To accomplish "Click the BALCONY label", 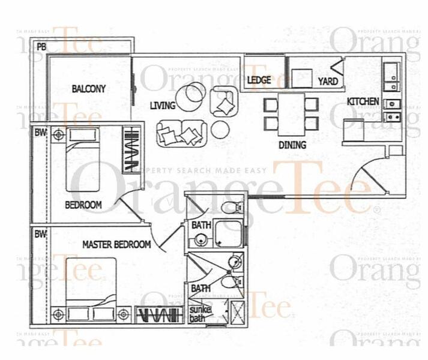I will coord(88,89).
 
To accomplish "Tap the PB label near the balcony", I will coord(41,47).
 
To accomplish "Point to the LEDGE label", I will coord(259,80).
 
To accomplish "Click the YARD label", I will coord(328,81).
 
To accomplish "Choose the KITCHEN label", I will coord(363,101).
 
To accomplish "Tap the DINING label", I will coord(292,145).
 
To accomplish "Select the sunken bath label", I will coord(197,313).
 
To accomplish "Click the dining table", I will coord(291,113).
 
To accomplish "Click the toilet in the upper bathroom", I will coord(231,208).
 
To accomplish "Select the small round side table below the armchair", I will coord(220,129).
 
